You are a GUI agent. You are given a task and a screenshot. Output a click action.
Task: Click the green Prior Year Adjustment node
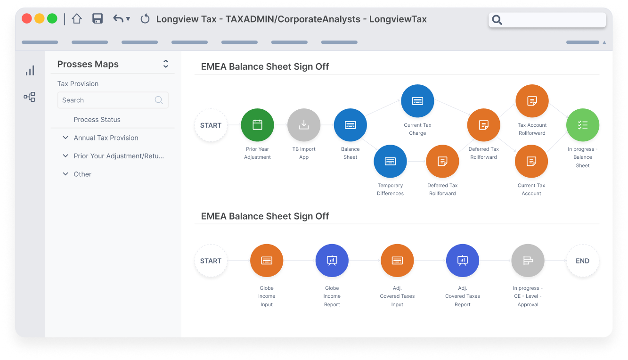257,125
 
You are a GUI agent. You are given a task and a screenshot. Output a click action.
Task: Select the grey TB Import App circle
304,125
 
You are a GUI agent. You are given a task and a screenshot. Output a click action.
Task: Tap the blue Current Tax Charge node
417,101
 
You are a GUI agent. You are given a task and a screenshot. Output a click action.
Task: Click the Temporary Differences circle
390,161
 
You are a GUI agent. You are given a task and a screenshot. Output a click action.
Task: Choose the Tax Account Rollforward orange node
532,101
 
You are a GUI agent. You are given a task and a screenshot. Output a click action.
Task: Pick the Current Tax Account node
531,161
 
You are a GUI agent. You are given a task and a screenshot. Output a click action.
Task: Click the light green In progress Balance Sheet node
583,125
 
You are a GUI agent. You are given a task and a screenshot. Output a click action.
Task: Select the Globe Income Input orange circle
267,261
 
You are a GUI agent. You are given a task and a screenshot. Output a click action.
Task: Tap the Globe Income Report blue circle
332,261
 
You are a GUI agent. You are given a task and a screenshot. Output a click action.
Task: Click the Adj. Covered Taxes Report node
463,261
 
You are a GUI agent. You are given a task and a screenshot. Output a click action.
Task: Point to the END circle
583,261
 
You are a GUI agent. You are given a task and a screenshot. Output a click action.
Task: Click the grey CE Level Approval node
528,261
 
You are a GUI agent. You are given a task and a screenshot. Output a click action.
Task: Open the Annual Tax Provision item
106,138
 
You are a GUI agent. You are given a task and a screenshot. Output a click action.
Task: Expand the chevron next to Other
65,174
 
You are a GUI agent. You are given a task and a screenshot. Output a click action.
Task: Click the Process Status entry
97,120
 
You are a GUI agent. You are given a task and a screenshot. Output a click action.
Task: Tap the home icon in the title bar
77,19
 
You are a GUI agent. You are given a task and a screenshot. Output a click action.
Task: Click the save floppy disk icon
98,19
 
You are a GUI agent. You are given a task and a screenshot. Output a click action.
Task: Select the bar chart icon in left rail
30,71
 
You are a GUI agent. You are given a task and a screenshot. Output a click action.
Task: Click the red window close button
27,19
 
